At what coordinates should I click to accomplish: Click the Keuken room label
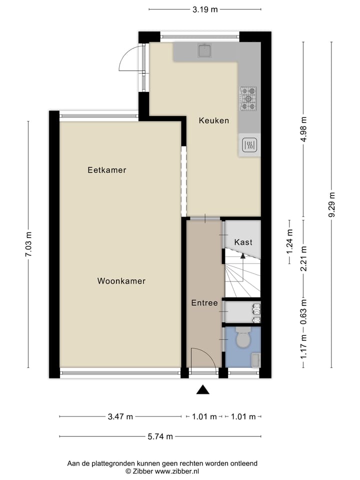(214, 120)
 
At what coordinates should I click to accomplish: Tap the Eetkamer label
(107, 170)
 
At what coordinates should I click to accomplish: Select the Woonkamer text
(121, 281)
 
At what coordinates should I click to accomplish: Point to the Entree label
(204, 303)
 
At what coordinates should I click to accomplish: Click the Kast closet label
(243, 242)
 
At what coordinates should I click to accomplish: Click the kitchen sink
(204, 51)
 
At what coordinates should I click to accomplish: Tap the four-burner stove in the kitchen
(248, 98)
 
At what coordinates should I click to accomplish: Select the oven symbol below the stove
(249, 145)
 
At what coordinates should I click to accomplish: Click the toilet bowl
(243, 339)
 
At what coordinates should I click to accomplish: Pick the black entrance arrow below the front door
(202, 390)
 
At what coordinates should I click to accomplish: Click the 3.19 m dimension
(205, 9)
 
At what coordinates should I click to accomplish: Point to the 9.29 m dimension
(331, 205)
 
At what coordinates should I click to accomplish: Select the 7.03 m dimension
(28, 245)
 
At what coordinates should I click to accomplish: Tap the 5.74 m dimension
(160, 436)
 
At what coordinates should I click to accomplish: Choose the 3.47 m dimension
(120, 416)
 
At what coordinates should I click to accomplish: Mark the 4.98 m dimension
(303, 129)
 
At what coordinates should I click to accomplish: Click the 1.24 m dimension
(289, 241)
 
